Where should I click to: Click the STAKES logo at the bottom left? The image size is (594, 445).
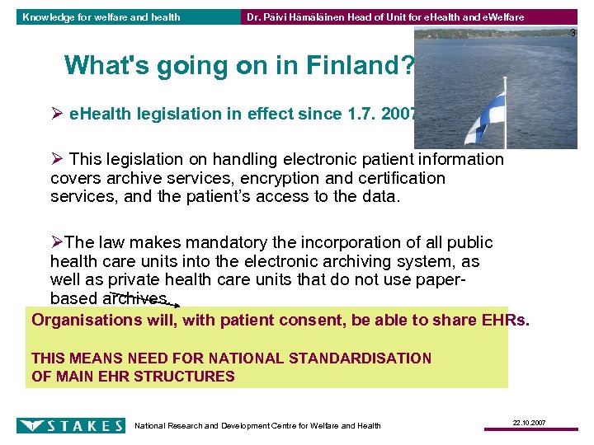(x=71, y=425)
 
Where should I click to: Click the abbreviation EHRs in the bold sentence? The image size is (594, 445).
(x=503, y=320)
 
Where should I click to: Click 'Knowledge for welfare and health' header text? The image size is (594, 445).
(x=101, y=16)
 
